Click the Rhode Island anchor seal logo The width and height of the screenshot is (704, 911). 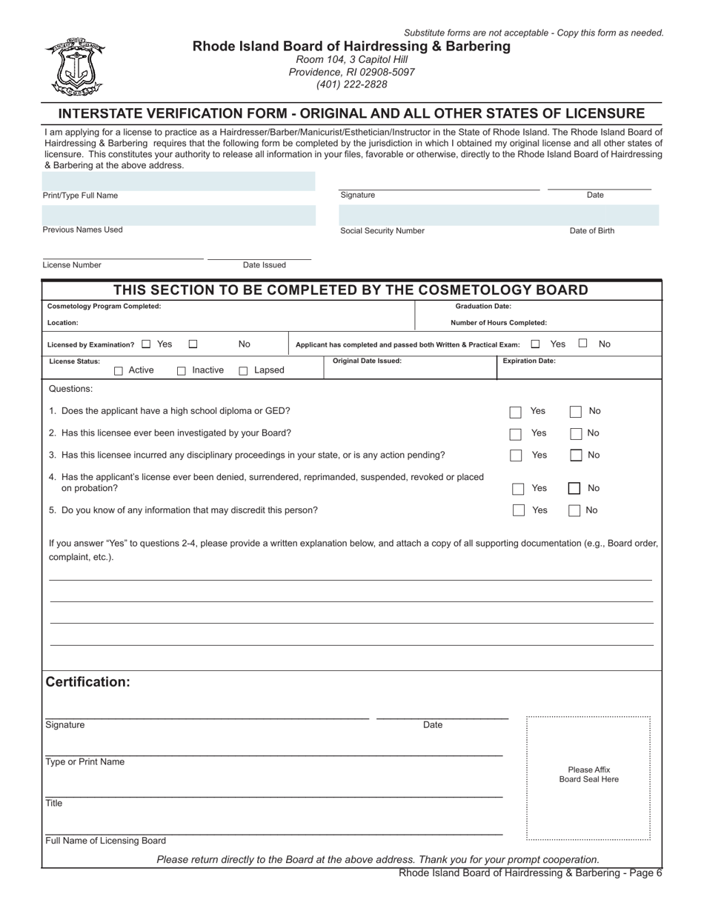click(75, 67)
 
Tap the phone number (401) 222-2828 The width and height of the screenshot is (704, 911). click(351, 84)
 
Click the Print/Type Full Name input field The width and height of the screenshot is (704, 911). click(179, 181)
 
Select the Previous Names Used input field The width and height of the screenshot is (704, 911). click(179, 216)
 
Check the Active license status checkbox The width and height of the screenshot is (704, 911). click(119, 371)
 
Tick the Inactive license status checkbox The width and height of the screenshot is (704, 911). click(182, 371)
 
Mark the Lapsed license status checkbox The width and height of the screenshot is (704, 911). click(243, 371)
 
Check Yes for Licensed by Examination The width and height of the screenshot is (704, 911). click(146, 344)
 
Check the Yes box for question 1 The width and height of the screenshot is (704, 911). click(516, 413)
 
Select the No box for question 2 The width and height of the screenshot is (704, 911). click(576, 434)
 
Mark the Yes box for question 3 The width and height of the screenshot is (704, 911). click(516, 456)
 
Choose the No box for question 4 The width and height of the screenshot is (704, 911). click(574, 489)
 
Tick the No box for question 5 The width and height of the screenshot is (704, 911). click(574, 511)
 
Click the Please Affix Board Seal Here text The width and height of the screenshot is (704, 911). click(589, 775)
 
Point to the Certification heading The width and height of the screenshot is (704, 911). click(88, 682)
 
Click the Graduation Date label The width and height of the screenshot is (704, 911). click(483, 306)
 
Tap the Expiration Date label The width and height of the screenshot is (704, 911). click(529, 361)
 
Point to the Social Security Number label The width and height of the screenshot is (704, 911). click(382, 231)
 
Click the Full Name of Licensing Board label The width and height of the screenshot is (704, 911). click(106, 841)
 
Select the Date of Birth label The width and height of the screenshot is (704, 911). click(592, 231)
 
